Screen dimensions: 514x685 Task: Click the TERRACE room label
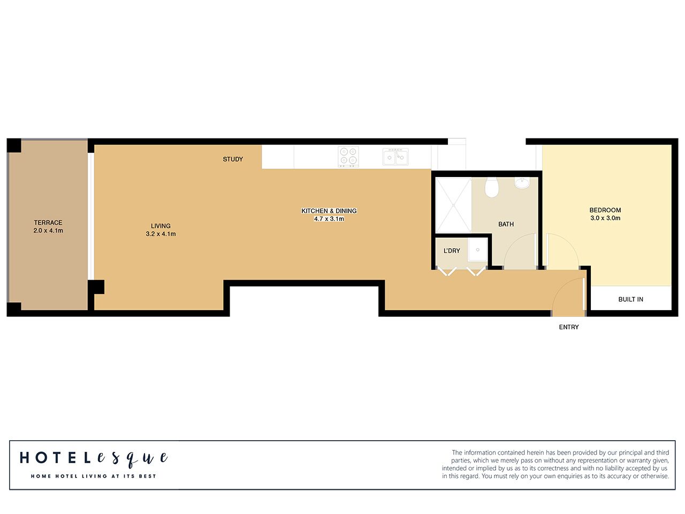pyautogui.click(x=48, y=223)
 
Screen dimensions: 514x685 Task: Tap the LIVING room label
pyautogui.click(x=161, y=226)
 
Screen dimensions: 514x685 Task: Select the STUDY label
pyautogui.click(x=233, y=159)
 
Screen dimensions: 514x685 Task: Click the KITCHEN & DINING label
pyautogui.click(x=329, y=211)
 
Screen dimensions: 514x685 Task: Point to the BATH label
pyautogui.click(x=506, y=224)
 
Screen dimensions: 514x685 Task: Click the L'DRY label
pyautogui.click(x=452, y=251)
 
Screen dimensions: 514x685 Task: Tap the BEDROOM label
pyautogui.click(x=605, y=210)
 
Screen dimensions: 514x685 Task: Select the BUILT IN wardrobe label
pyautogui.click(x=630, y=300)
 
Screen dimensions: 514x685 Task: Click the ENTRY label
pyautogui.click(x=569, y=327)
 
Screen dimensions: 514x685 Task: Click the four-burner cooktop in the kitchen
pyautogui.click(x=348, y=157)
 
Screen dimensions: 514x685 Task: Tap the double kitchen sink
pyautogui.click(x=395, y=157)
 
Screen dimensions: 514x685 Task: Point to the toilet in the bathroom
pyautogui.click(x=491, y=187)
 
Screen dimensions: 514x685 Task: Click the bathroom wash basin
pyautogui.click(x=522, y=183)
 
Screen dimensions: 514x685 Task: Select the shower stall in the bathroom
pyautogui.click(x=453, y=205)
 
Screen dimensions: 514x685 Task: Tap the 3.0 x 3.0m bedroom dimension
pyautogui.click(x=605, y=218)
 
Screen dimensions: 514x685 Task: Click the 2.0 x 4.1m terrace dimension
pyautogui.click(x=48, y=231)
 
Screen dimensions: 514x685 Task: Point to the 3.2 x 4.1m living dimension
pyautogui.click(x=161, y=234)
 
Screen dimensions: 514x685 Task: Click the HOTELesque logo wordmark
pyautogui.click(x=94, y=458)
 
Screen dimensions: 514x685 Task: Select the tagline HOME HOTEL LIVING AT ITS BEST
pyautogui.click(x=94, y=476)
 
